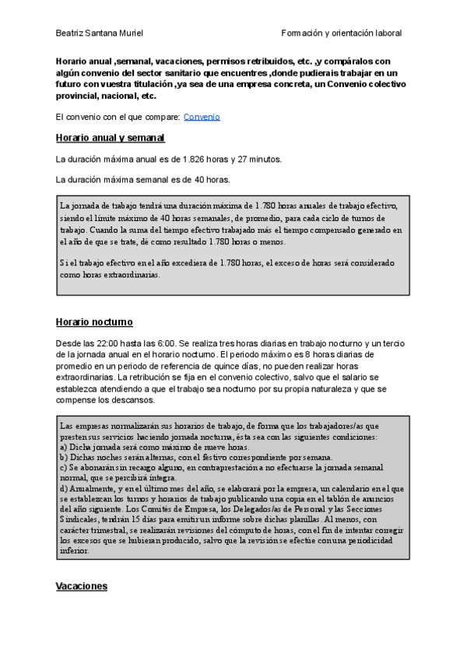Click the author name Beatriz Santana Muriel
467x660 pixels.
99,33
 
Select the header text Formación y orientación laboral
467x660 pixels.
342,33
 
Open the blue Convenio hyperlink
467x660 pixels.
202,117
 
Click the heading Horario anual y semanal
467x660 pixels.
110,138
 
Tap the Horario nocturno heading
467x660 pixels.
94,321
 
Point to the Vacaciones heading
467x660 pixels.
81,586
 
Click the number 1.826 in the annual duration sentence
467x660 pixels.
195,159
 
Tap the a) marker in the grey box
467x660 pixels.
63,448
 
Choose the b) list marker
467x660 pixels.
63,458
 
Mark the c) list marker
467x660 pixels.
63,468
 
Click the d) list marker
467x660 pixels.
63,488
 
